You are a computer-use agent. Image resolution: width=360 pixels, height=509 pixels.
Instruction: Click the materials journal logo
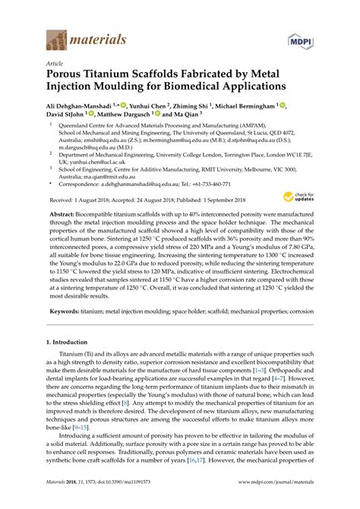(85, 38)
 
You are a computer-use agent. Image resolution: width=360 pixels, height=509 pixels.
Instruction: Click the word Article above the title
(56, 65)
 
